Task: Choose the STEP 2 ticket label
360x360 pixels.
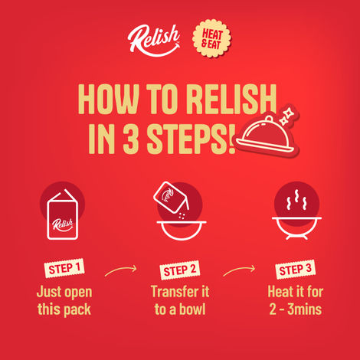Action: click(x=180, y=270)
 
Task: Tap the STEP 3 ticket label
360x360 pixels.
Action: click(x=295, y=270)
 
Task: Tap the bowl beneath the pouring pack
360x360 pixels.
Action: click(x=179, y=232)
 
